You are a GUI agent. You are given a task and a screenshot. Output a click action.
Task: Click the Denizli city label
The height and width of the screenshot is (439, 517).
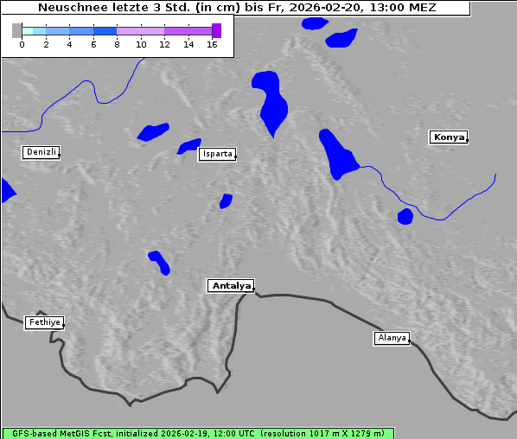pos(41,152)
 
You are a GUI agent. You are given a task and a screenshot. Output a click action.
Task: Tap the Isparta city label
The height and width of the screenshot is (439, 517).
pos(216,155)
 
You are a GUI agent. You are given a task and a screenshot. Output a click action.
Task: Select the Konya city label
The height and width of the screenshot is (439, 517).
pos(449,137)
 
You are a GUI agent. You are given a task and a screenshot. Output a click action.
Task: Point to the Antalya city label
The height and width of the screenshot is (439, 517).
pos(231,285)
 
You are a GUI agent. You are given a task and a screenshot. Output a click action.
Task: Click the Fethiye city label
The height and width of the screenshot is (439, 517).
pos(43,322)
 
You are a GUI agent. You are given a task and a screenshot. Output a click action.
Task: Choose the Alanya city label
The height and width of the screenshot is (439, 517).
pos(392,338)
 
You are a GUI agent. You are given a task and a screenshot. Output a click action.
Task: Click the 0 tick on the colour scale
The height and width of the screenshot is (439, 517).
pos(22,43)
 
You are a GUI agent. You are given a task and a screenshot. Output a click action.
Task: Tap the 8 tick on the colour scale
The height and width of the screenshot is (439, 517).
pos(117,43)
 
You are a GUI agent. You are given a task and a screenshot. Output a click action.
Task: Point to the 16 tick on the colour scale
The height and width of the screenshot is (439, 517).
pos(212,43)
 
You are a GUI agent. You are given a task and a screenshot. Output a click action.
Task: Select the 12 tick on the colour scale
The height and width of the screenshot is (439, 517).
pos(164,43)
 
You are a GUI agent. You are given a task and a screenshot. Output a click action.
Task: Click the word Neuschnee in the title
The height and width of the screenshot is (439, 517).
pos(68,8)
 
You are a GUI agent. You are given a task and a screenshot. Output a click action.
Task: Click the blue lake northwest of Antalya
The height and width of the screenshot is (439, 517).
pos(159,262)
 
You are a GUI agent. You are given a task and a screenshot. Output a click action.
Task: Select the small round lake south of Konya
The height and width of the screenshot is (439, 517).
pos(405,216)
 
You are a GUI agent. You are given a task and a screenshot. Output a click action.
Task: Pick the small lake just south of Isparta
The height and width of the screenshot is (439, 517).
pos(226,201)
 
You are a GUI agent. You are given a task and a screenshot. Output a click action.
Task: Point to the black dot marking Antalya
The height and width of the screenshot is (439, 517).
pos(254,289)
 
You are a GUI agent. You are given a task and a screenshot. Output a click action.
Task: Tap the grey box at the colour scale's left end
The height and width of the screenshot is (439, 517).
pos(16,30)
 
